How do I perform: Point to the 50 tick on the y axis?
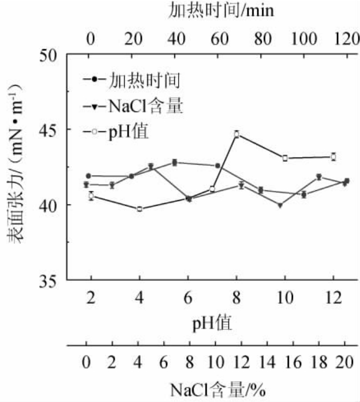click(x=50, y=55)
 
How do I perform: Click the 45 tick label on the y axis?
click(x=50, y=130)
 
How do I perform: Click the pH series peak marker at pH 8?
click(x=237, y=134)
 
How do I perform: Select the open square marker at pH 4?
click(x=140, y=209)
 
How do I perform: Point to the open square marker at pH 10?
click(x=285, y=158)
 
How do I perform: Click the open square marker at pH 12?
click(x=333, y=157)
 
